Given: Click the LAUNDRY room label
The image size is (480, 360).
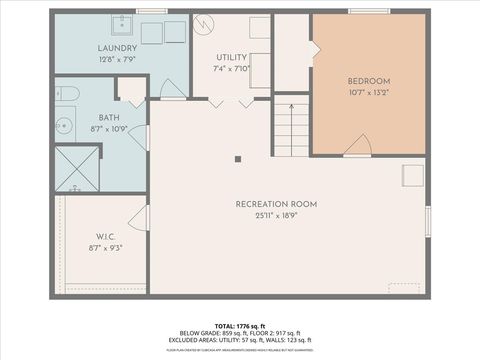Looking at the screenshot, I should click(x=117, y=48).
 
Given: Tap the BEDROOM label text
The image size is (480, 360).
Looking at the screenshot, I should click(x=368, y=81).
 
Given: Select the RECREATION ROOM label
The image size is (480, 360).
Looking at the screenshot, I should click(x=276, y=204).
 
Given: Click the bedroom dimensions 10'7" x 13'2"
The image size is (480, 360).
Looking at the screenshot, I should click(x=368, y=93).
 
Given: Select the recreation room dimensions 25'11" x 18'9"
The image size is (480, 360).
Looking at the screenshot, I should click(x=276, y=215).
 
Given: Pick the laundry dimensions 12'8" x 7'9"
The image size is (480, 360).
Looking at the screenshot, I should click(x=117, y=59).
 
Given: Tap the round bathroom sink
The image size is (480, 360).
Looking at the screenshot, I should click(x=61, y=126).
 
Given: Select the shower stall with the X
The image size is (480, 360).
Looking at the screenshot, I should click(x=76, y=168).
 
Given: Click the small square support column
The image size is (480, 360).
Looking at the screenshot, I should click(x=238, y=157).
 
